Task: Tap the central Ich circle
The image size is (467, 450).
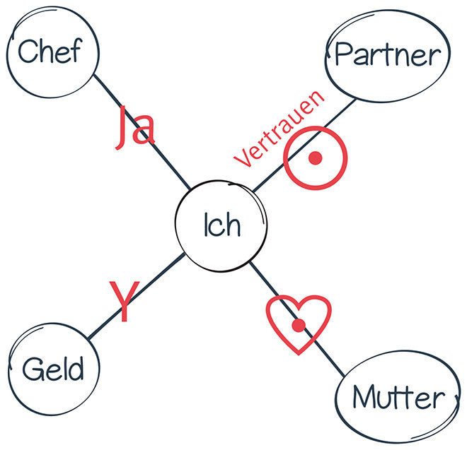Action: point(221,225)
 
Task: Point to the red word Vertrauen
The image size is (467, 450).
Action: point(279,129)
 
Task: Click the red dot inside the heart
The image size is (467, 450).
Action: point(299,325)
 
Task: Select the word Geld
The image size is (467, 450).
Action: point(53,369)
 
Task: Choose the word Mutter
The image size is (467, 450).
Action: point(399,398)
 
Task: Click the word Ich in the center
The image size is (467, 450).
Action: point(221,225)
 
